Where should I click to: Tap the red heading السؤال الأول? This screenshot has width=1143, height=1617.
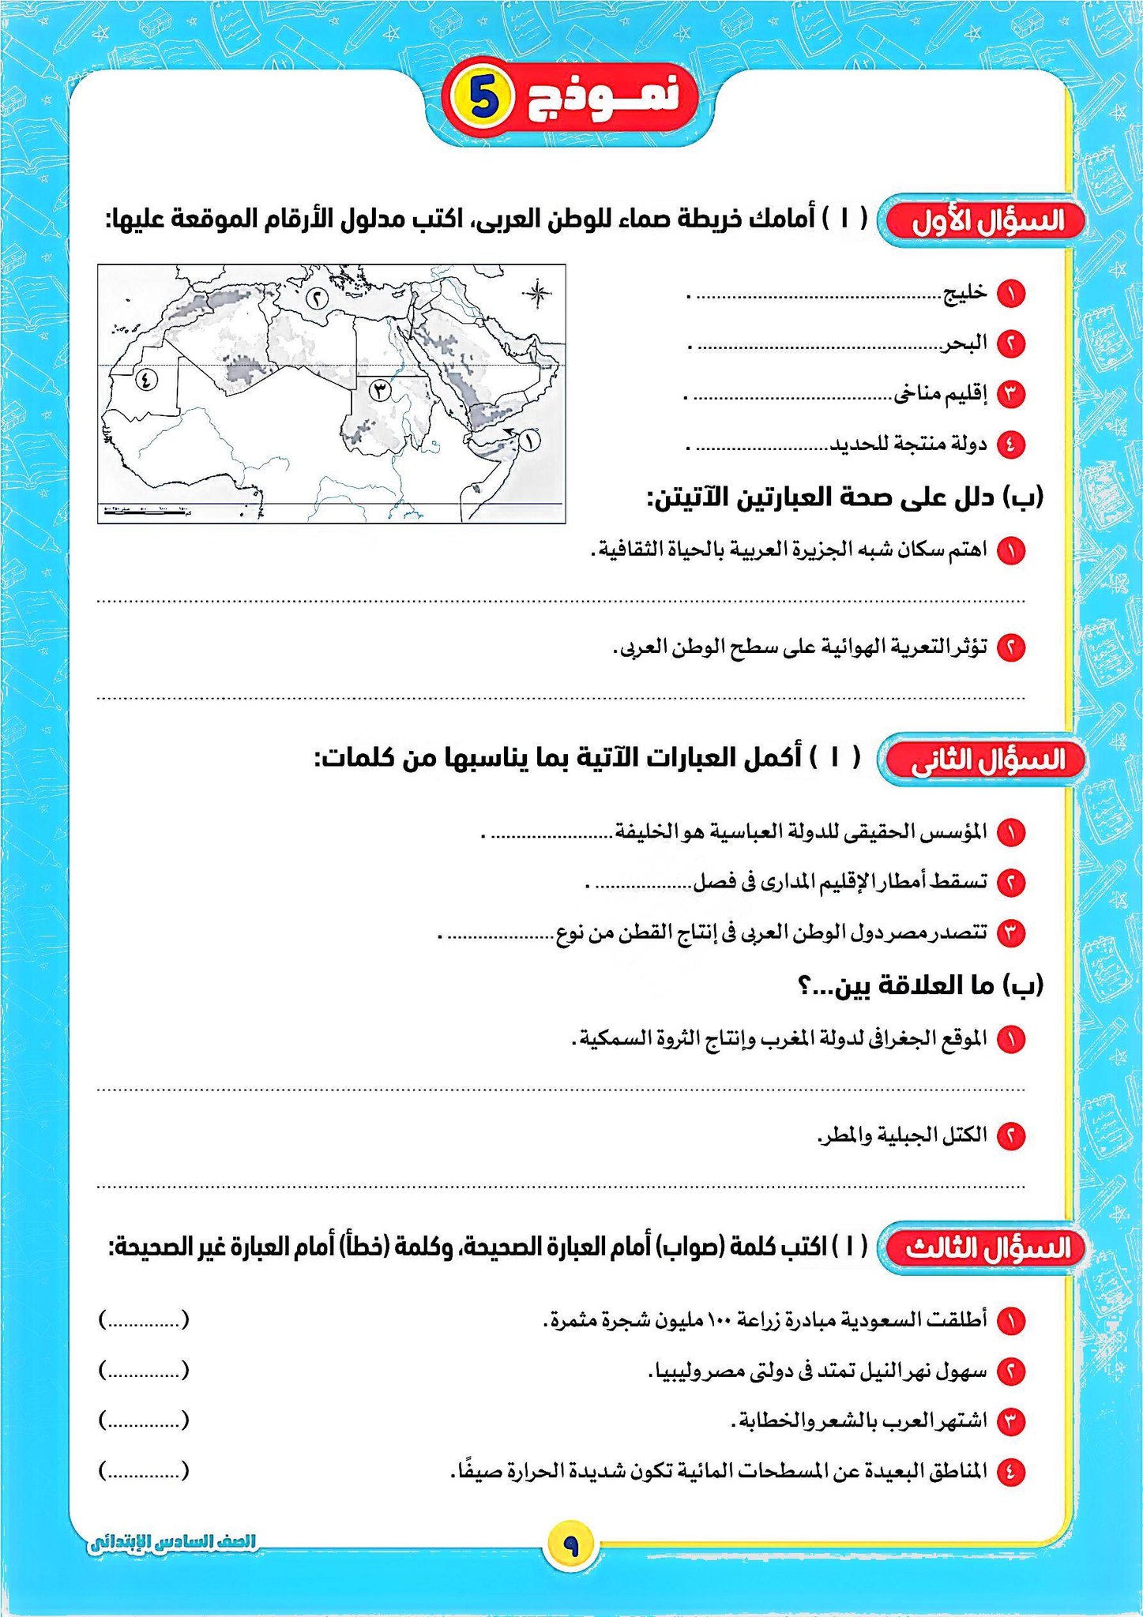[x=985, y=221]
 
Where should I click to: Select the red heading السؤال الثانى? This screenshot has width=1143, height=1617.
[x=985, y=760]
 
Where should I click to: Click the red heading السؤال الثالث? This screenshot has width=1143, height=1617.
[x=985, y=1248]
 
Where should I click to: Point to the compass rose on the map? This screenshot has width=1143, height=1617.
[x=536, y=294]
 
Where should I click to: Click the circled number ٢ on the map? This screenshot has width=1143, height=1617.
[x=315, y=298]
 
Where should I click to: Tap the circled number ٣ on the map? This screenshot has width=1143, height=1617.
[x=381, y=389]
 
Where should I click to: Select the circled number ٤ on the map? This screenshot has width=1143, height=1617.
[x=146, y=379]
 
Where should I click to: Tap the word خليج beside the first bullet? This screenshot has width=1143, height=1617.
[x=964, y=293]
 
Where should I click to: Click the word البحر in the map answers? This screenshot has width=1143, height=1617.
[x=964, y=343]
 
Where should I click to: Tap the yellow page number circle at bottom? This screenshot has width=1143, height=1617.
[x=570, y=1545]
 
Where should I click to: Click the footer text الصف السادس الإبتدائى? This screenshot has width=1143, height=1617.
[x=173, y=1541]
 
